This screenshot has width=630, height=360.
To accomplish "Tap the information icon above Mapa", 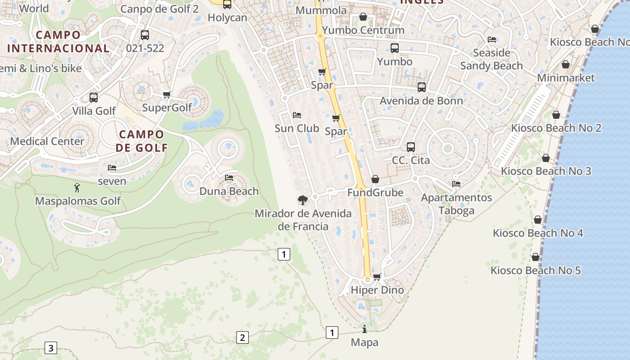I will point(364,329).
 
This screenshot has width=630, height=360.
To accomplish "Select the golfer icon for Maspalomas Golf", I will point(77,188).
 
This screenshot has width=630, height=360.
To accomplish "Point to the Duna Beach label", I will point(229,191).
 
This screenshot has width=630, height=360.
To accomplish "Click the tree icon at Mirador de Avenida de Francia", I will point(303,199).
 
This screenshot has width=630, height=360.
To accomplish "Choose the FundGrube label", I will point(375,193).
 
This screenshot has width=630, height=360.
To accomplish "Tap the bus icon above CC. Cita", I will point(410,147).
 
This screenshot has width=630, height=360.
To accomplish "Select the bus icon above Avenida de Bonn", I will point(422,87).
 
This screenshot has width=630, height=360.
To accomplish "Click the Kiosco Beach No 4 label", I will point(538,233).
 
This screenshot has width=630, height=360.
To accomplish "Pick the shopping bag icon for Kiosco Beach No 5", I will point(535,257).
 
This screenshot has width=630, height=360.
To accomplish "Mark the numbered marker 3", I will point(51,348).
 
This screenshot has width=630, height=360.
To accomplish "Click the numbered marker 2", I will point(242,337).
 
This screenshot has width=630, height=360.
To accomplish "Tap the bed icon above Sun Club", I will point(297,115).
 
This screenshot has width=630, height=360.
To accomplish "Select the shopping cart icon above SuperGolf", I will point(166,94).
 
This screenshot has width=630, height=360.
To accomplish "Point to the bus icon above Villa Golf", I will point(94,97).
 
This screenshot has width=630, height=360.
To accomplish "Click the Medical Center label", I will point(47,141).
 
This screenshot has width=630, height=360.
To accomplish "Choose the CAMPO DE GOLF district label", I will point(142,141).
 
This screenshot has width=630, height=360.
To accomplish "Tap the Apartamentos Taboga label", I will point(456,204).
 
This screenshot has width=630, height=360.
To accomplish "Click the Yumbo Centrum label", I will point(363,30).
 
